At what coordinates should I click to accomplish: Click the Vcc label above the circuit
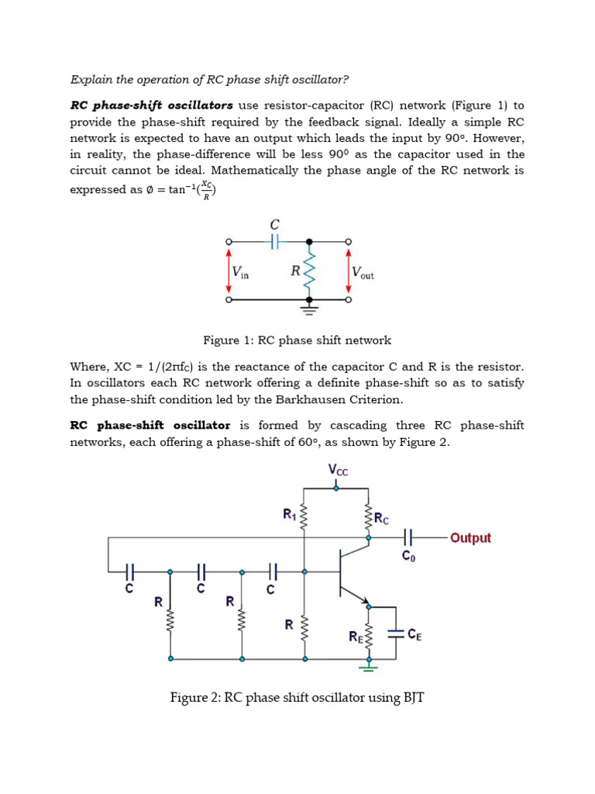tap(338, 469)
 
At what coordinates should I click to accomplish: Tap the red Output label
tap(470, 537)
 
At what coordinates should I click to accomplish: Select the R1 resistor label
tap(289, 513)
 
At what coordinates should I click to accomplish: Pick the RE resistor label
tap(355, 637)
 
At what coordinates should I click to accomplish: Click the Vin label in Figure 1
tap(240, 272)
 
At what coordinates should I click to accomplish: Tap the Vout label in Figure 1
tap(363, 272)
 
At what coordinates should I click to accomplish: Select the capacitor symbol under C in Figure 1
tap(273, 242)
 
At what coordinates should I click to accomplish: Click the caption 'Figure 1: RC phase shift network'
tap(297, 340)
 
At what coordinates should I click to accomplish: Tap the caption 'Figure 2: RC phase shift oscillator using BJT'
tap(297, 698)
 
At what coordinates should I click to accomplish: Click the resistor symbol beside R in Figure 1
tap(310, 271)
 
